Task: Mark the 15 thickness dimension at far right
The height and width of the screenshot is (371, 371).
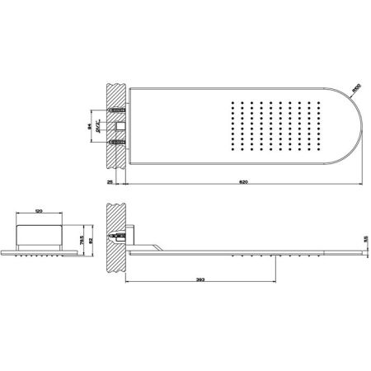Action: tap(355, 239)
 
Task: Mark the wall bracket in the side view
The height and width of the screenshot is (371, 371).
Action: tap(130, 236)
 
